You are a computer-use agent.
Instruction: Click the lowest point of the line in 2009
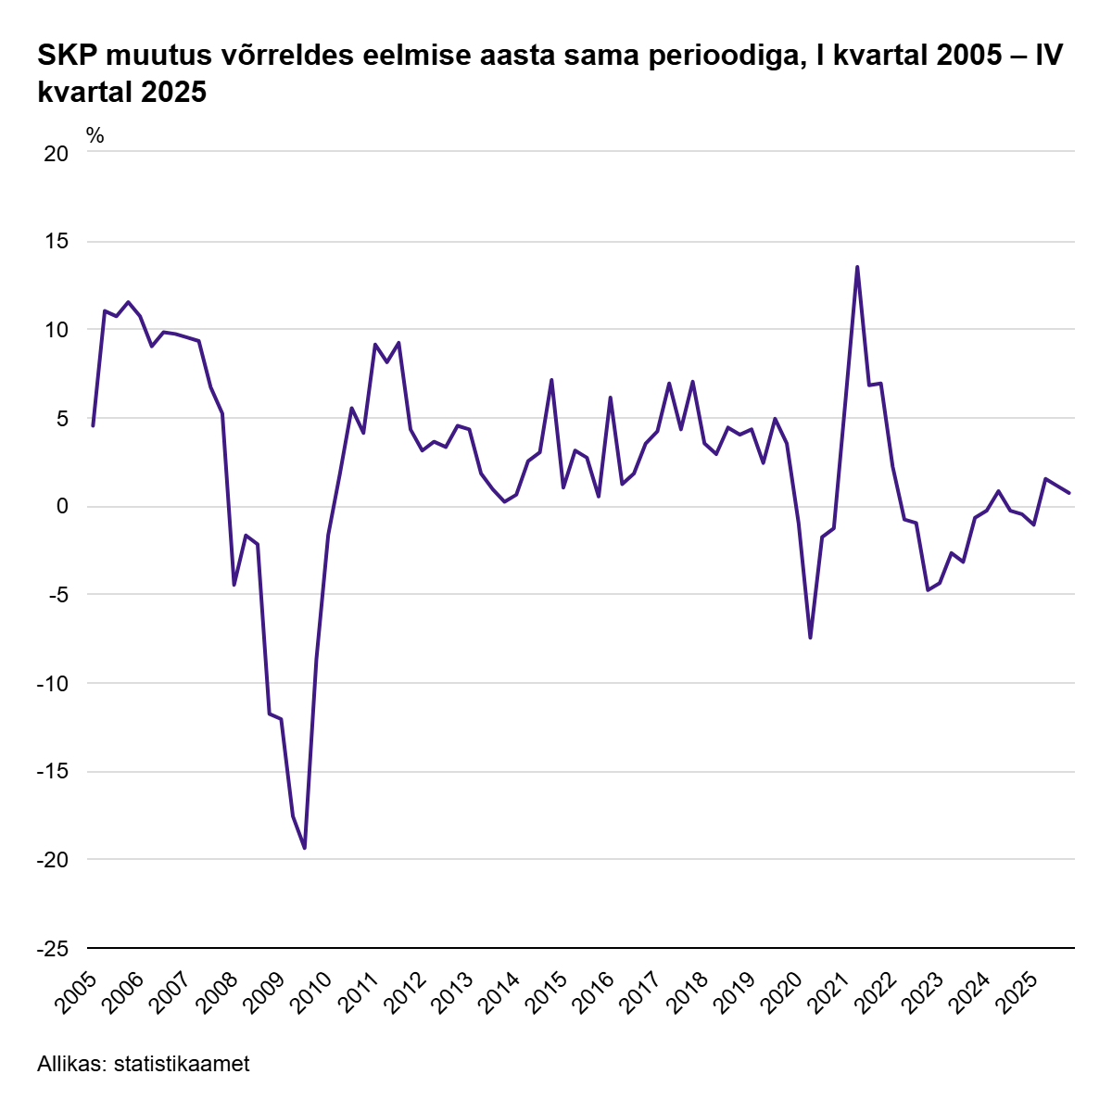305,848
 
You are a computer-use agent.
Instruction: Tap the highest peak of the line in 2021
857,267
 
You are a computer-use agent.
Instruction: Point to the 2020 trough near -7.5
810,638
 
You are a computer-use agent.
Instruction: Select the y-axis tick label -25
53,949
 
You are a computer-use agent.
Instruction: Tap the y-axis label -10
53,684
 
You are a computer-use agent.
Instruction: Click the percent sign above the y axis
95,135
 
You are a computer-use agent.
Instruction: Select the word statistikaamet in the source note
182,1065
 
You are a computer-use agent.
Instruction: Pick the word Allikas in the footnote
71,1065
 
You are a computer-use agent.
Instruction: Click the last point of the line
1069,493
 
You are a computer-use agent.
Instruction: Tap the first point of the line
93,425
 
